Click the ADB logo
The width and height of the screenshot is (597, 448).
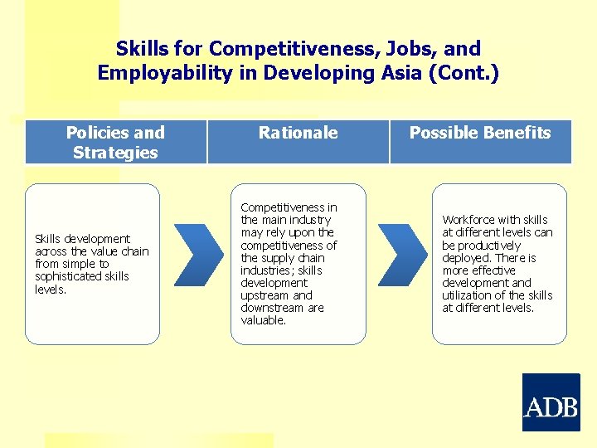[551, 402]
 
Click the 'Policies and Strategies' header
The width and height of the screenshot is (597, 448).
[115, 142]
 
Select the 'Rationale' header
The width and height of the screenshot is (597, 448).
[298, 133]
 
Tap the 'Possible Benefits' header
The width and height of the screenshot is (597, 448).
[480, 133]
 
